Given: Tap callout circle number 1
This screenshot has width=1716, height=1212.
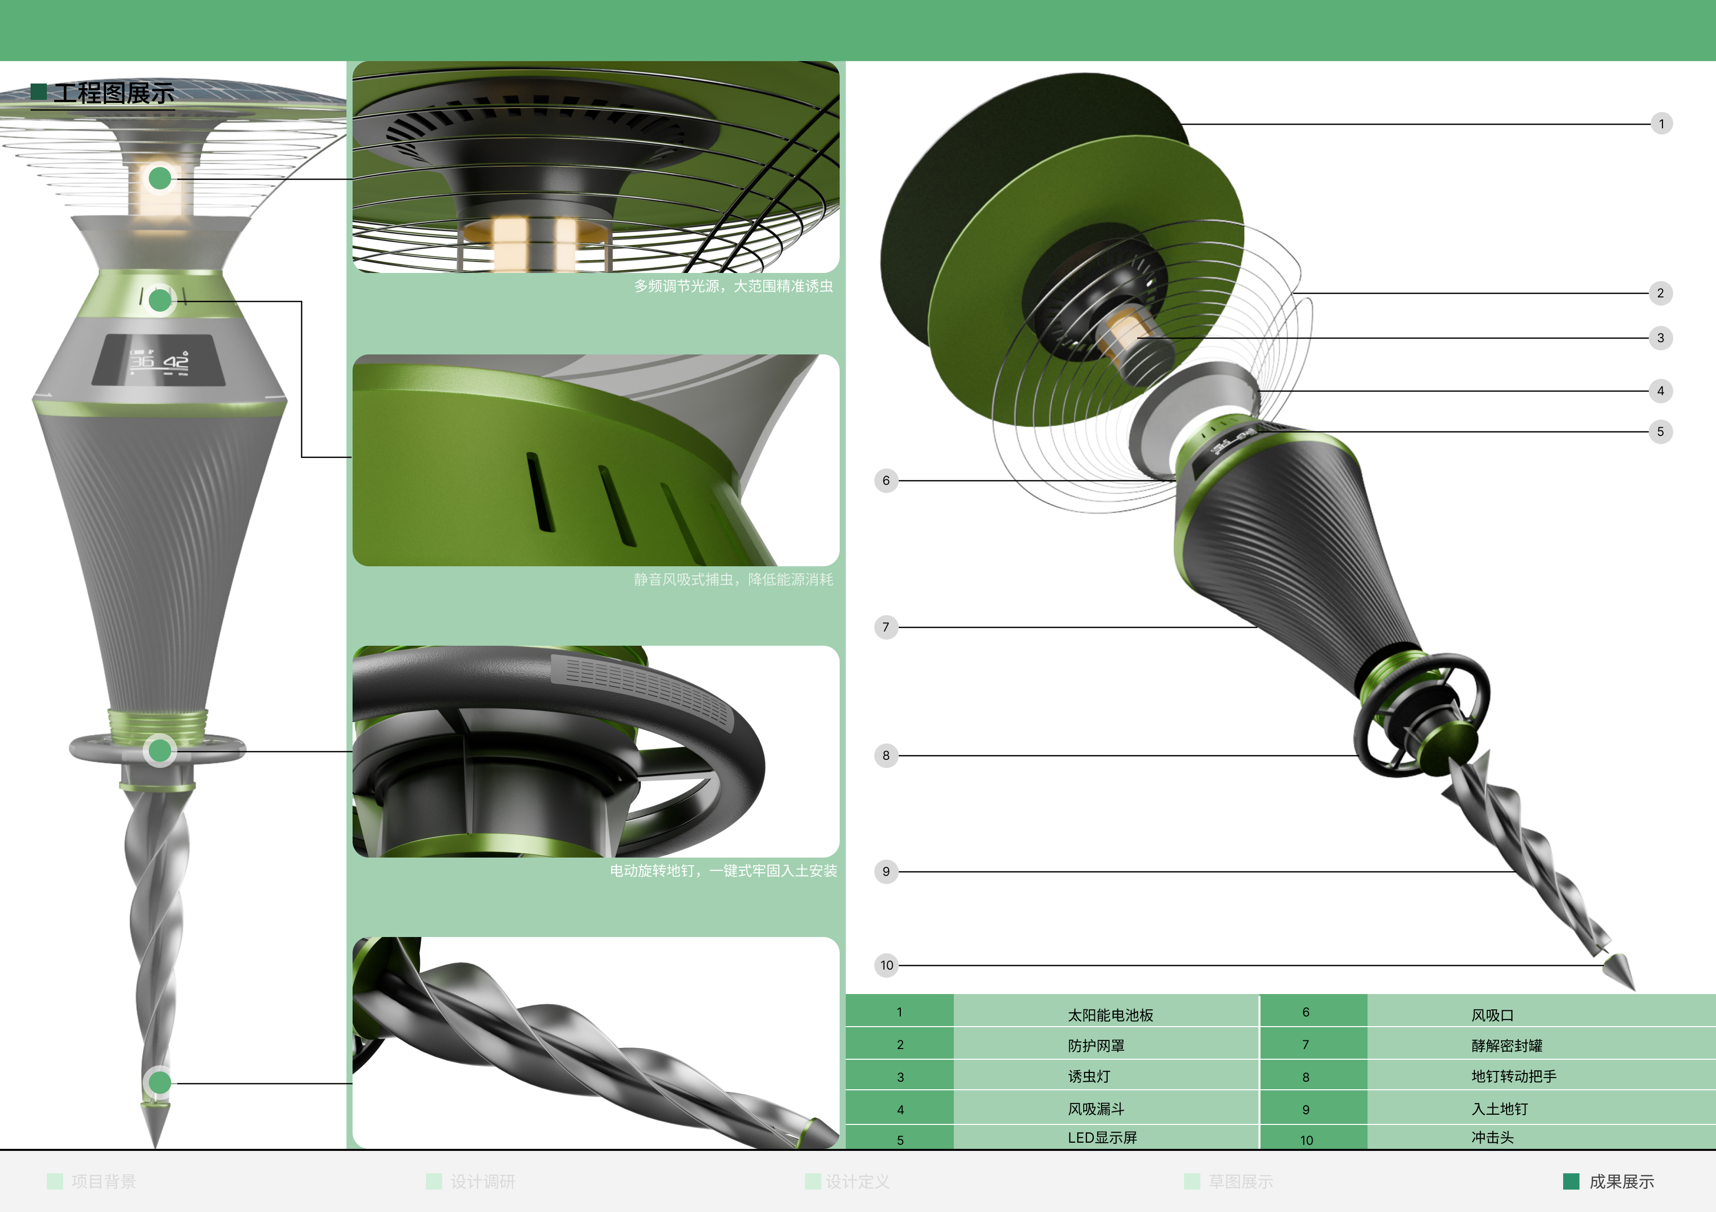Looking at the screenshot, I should [x=1660, y=124].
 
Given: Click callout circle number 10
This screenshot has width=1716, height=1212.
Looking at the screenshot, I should [x=887, y=966].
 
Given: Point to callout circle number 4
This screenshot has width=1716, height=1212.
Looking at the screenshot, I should [x=1660, y=391].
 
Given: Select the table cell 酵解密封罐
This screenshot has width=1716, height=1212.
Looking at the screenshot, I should [x=1506, y=1045].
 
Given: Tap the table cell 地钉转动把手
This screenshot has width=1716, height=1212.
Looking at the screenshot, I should [x=1513, y=1076].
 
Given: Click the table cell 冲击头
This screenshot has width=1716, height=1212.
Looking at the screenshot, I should [x=1492, y=1137].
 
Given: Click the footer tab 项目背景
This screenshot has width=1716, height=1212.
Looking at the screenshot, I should [x=103, y=1181].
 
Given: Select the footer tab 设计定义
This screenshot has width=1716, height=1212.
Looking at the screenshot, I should [x=857, y=1181].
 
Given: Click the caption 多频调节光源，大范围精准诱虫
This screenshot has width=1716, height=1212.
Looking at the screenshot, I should [x=733, y=286].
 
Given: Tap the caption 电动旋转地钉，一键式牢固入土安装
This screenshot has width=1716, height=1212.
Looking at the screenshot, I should [x=722, y=870].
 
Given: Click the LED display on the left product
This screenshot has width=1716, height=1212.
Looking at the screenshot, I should [x=158, y=360].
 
